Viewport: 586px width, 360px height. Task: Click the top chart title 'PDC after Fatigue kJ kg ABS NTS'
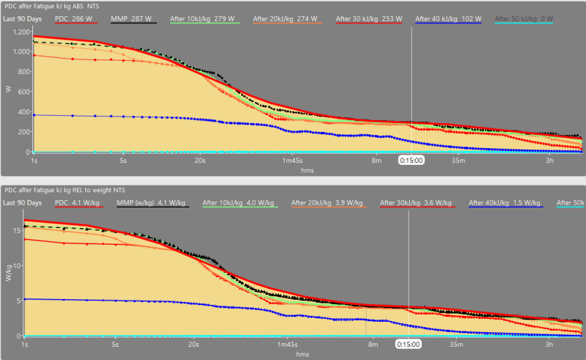[46, 6]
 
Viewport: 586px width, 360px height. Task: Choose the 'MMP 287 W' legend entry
[133, 18]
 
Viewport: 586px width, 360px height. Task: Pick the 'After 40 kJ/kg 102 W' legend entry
[447, 18]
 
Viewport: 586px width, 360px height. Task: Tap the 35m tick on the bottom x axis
[456, 343]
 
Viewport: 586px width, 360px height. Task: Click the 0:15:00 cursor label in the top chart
[411, 159]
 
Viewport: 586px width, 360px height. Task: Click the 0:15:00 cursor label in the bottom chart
[409, 343]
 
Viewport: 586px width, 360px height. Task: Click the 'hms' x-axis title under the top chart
[308, 169]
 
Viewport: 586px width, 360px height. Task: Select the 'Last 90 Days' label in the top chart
[22, 18]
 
